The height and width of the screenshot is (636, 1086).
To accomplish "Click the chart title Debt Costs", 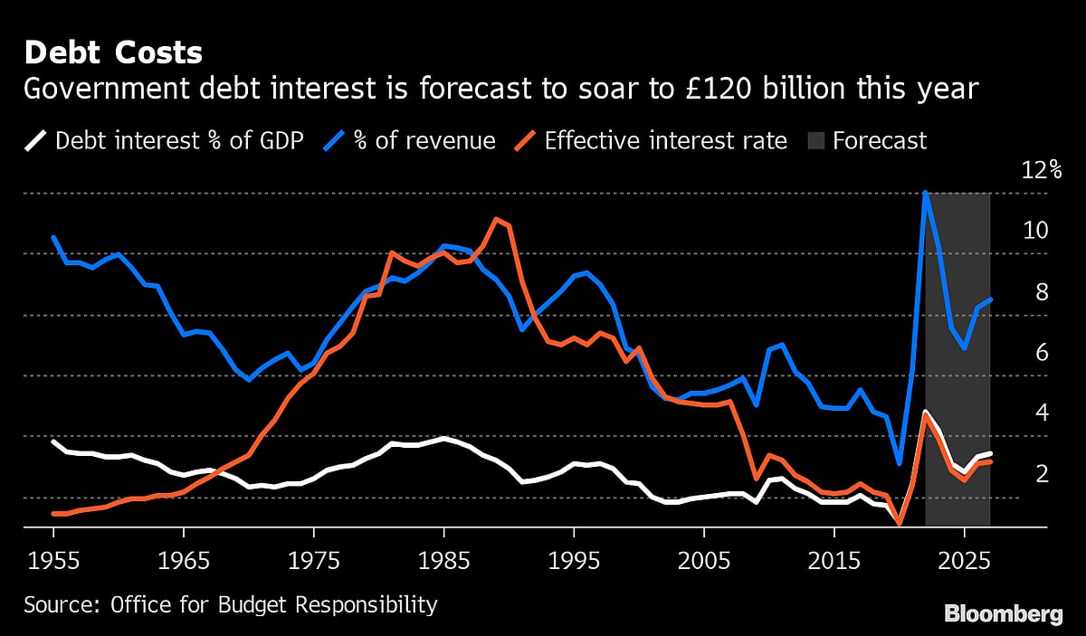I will click(x=113, y=52).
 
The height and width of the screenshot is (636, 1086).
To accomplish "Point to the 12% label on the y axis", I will click(x=1041, y=170).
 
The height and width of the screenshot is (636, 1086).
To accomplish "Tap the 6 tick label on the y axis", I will click(x=1041, y=352).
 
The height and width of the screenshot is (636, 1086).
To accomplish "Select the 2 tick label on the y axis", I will click(x=1041, y=473).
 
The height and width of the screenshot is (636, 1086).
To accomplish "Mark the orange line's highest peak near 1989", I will click(x=496, y=218).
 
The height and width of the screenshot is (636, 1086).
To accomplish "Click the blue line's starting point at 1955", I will click(x=54, y=237).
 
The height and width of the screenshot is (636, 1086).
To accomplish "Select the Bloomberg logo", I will click(x=1004, y=614).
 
